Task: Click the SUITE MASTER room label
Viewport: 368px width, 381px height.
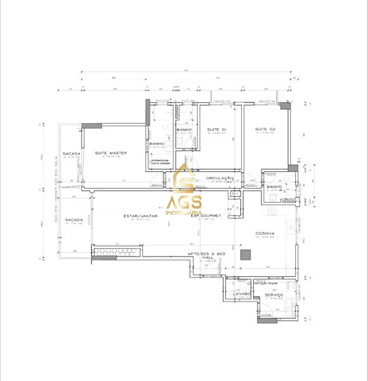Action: pyautogui.click(x=110, y=153)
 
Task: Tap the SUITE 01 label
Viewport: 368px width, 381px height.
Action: pyautogui.click(x=216, y=130)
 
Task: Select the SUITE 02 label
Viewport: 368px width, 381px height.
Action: pyautogui.click(x=265, y=130)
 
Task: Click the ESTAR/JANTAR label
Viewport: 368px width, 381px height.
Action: pyautogui.click(x=140, y=217)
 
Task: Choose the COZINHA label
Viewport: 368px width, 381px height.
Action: pyautogui.click(x=265, y=233)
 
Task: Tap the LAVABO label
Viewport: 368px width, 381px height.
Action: pyautogui.click(x=242, y=294)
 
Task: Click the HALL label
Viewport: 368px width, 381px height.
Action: pyautogui.click(x=207, y=257)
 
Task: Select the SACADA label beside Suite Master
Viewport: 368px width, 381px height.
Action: pyautogui.click(x=69, y=154)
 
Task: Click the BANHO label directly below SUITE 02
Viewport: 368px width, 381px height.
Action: pyautogui.click(x=275, y=187)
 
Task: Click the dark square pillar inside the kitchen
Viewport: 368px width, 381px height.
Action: pyautogui.click(x=246, y=255)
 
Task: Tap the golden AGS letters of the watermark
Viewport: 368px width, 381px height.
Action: pyautogui.click(x=184, y=203)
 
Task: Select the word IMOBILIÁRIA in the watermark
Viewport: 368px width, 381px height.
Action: pyautogui.click(x=184, y=212)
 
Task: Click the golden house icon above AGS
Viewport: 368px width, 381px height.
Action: pyautogui.click(x=185, y=178)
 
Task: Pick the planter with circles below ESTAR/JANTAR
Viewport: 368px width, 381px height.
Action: pyautogui.click(x=116, y=253)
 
